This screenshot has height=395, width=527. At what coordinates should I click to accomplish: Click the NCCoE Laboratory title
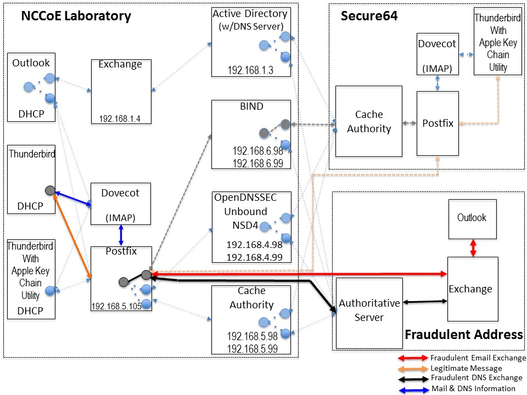click(x=76, y=16)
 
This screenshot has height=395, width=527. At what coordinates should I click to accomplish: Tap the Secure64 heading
click(x=369, y=16)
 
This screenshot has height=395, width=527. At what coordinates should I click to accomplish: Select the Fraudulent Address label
click(x=464, y=335)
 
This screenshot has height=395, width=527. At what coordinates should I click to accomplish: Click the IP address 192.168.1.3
click(x=250, y=70)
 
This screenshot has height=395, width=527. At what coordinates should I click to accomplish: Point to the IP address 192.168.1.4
click(x=120, y=119)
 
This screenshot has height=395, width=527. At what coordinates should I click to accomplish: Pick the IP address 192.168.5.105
click(x=116, y=306)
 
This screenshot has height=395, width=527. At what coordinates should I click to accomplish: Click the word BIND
click(x=251, y=106)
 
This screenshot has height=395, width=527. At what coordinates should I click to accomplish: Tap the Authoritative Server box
click(x=369, y=313)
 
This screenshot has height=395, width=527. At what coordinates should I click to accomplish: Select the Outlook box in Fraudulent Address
click(x=473, y=219)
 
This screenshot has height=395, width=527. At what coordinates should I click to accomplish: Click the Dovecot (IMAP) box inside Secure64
click(x=438, y=54)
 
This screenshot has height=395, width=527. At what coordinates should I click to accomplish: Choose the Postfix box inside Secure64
click(x=438, y=123)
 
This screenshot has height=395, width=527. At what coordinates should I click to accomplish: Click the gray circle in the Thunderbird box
click(x=50, y=190)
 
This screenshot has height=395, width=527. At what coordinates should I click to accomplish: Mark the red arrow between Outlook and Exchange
click(x=473, y=248)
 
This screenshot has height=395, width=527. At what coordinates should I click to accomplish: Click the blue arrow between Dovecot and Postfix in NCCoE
click(x=121, y=235)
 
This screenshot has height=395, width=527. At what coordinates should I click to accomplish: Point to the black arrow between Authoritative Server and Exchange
click(x=425, y=302)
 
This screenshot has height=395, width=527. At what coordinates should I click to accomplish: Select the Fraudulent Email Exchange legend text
click(x=478, y=358)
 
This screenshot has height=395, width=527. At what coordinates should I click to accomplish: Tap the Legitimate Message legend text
click(x=466, y=368)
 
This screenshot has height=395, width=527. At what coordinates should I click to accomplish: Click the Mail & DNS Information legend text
click(x=473, y=388)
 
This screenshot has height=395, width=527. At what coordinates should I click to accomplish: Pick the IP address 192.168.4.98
click(x=254, y=245)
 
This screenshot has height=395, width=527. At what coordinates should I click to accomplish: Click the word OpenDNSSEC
click(x=246, y=198)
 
